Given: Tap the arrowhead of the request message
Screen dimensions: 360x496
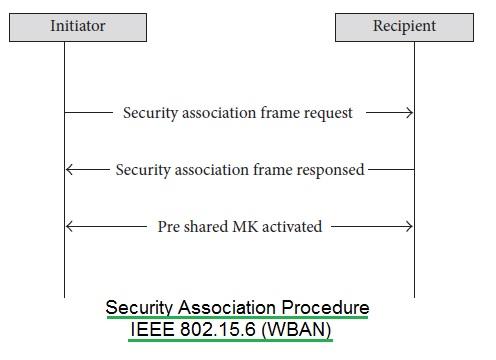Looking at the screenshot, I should tap(407, 113).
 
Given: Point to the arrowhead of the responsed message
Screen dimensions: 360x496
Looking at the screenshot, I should tap(71, 170).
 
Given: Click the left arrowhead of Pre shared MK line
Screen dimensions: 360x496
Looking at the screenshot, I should tap(71, 227).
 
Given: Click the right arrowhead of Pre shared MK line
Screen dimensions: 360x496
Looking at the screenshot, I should tap(407, 227).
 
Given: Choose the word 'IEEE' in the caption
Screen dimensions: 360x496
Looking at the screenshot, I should tap(152, 328).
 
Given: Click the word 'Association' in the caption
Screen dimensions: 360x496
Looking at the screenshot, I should tap(222, 307).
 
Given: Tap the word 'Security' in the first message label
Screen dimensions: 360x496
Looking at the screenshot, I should tap(150, 113).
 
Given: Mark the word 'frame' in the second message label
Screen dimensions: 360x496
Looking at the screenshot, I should tap(275, 170).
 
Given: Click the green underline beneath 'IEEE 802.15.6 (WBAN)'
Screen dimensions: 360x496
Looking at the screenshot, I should tap(231, 340).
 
